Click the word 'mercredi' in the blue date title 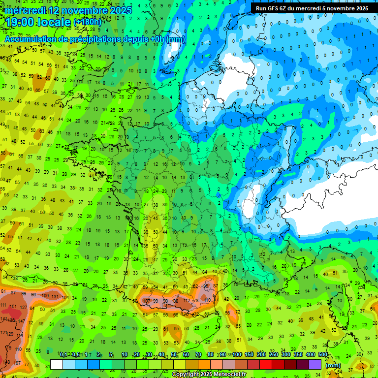tap(25, 10)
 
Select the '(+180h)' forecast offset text tap(87, 22)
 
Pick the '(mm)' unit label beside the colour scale tap(333, 365)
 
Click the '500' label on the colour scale tap(322, 355)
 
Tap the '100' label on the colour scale tap(237, 355)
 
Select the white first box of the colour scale tap(57, 365)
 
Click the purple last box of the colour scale tap(315, 365)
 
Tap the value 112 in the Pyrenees tap(187, 301)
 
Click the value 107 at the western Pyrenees tap(146, 301)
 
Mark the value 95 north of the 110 tap(206, 286)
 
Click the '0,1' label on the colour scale tap(63, 355)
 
